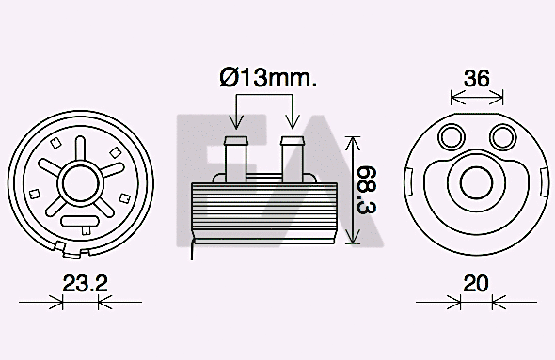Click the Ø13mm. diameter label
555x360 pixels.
pyautogui.click(x=266, y=78)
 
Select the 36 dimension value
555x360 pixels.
pyautogui.click(x=477, y=78)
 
